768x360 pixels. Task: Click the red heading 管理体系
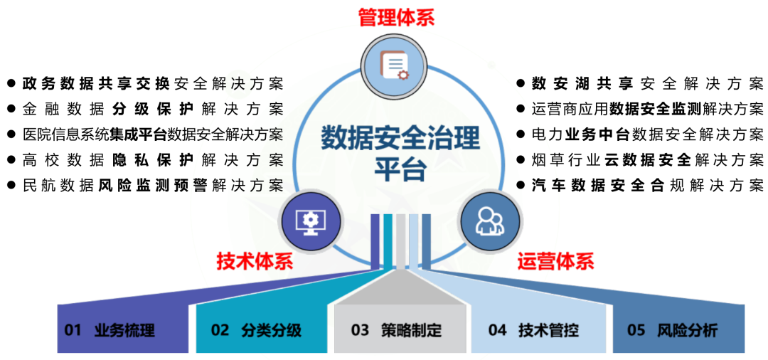click(x=396, y=17)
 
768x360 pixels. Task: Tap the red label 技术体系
click(x=255, y=261)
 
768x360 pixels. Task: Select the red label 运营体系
click(x=555, y=261)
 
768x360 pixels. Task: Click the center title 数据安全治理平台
click(x=400, y=152)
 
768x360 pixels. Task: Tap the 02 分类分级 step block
click(x=256, y=330)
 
